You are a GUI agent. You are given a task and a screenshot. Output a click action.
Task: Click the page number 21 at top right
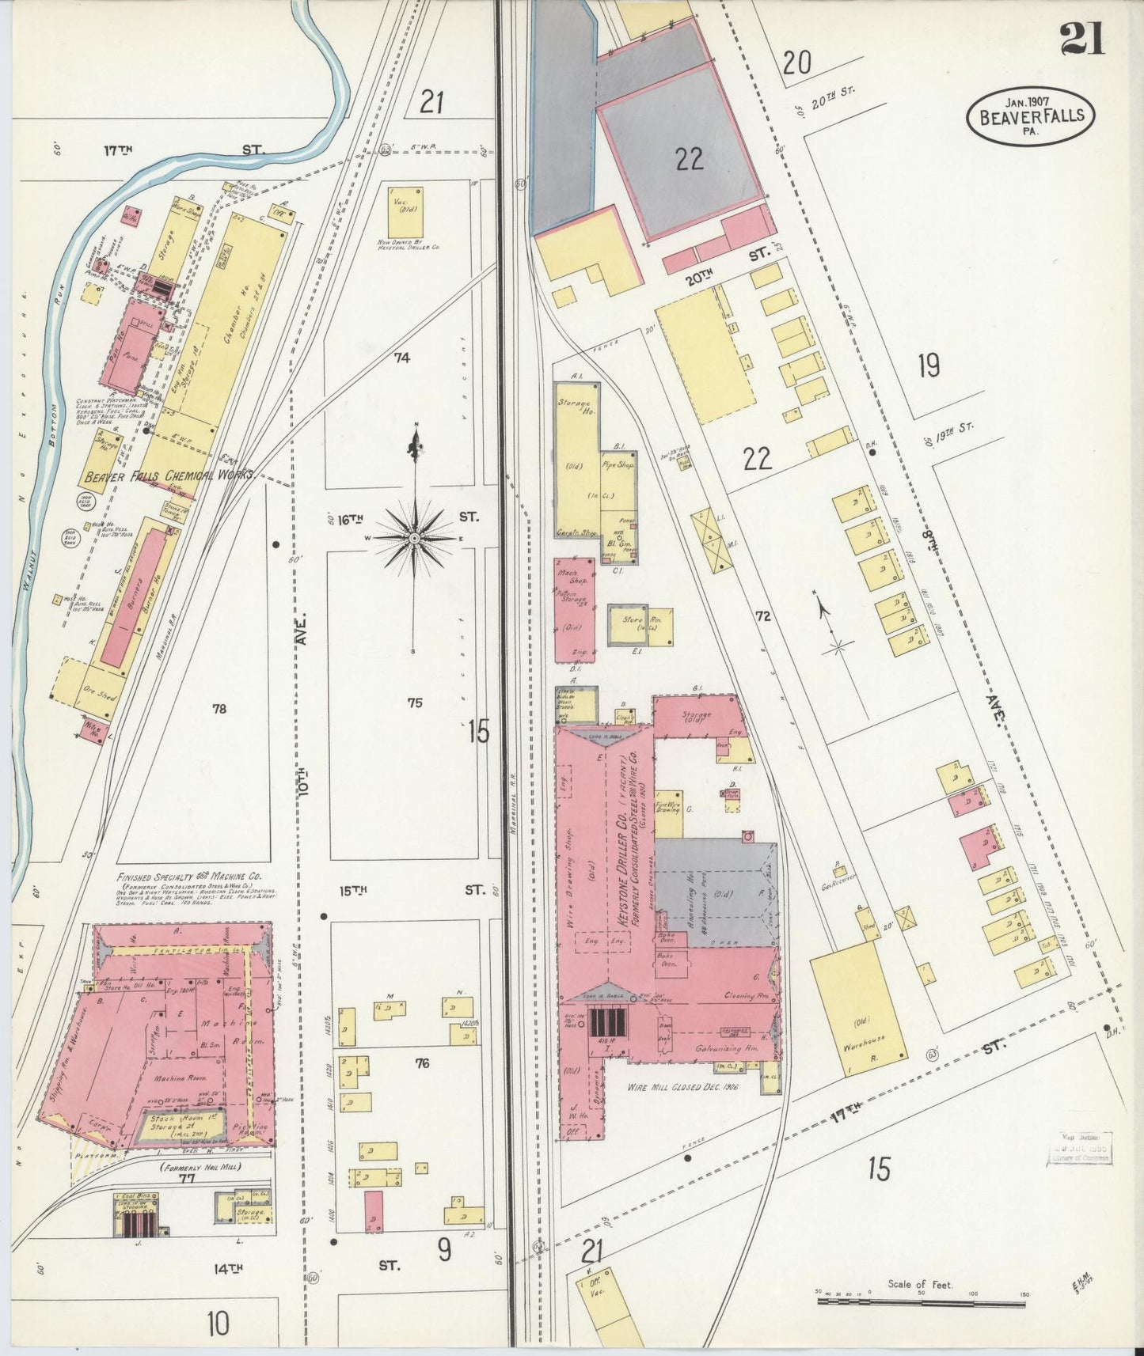point(1082,40)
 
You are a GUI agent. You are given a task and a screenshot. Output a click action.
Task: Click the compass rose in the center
point(413,538)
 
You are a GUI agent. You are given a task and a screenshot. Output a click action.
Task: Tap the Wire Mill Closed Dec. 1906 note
point(682,1088)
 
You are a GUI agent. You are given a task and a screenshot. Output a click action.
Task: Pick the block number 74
point(402,358)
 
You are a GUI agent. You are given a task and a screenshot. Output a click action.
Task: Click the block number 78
point(219,709)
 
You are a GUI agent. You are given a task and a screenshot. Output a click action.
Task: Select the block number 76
point(422,1063)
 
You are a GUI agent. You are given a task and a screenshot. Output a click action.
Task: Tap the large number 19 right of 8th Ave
point(929,366)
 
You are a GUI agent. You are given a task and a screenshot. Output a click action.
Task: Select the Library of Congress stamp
point(1081,1147)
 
